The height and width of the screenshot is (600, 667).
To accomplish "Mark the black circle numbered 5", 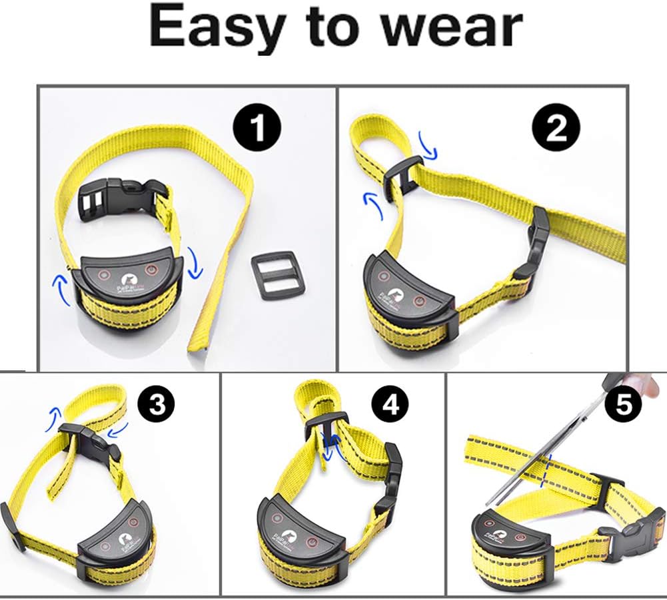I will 623,404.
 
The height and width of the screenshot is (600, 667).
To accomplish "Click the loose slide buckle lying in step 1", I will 277,275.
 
